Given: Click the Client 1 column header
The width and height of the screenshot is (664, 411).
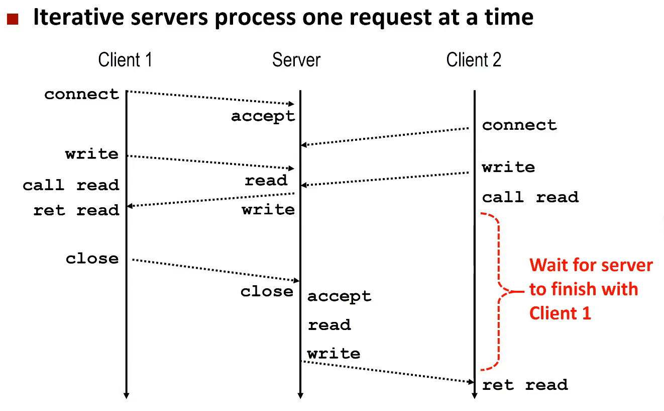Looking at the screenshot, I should (x=125, y=60).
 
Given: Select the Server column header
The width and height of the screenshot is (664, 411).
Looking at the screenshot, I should (x=296, y=60).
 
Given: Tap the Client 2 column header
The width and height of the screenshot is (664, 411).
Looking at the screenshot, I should (x=473, y=60).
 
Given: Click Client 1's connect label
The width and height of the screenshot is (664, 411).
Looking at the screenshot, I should (x=81, y=94).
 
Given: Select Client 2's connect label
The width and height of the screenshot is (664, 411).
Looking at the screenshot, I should (x=519, y=125).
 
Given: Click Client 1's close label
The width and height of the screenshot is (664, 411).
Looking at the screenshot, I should (x=92, y=259).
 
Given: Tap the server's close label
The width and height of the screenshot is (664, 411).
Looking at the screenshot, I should (x=266, y=291).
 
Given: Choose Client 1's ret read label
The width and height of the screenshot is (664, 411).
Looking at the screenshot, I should (x=76, y=210).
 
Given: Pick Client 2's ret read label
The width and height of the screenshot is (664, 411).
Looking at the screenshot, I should (x=525, y=385).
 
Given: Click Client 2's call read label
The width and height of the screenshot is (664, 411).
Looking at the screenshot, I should (x=530, y=197).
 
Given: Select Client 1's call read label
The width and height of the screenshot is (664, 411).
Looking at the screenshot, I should (x=71, y=185).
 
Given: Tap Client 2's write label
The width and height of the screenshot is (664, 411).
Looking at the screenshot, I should (x=508, y=167).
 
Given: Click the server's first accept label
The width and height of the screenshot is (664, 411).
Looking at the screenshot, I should (x=263, y=116).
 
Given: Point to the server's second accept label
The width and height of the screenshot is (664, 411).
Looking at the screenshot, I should (x=339, y=296).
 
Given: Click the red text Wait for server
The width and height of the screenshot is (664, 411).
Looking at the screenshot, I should (x=591, y=265).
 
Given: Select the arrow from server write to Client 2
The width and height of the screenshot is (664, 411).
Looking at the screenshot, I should (x=387, y=372).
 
